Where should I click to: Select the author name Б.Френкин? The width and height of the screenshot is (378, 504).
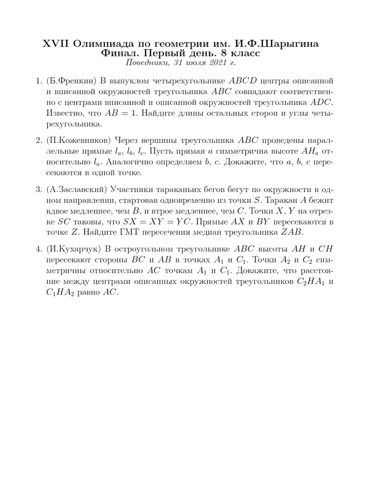click(73, 80)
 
